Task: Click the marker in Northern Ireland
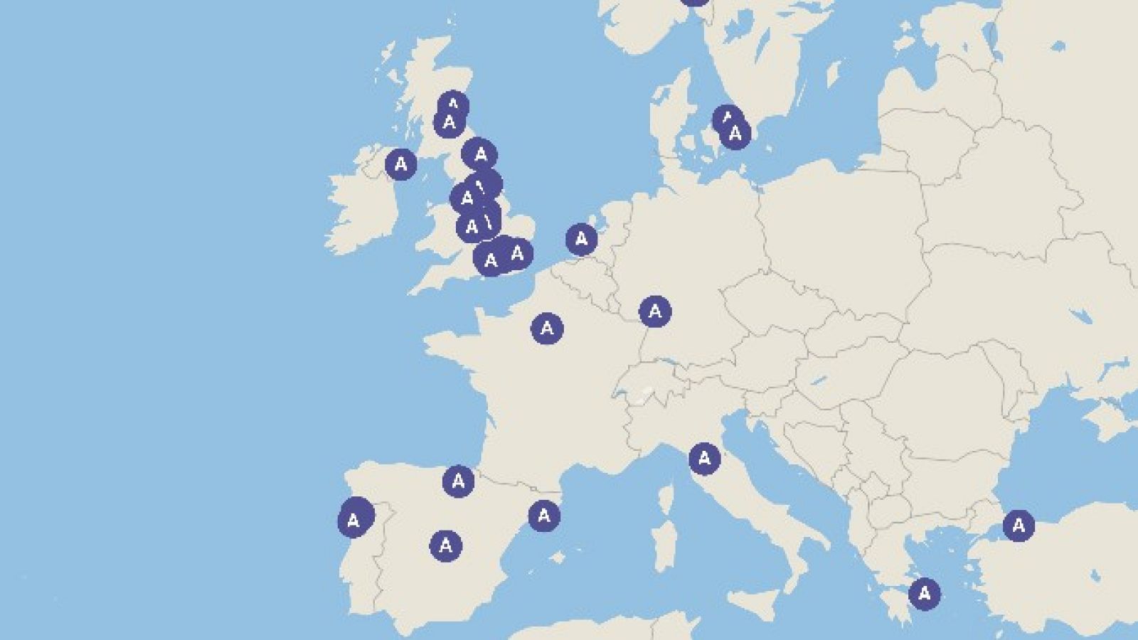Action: (400, 164)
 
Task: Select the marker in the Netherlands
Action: (581, 239)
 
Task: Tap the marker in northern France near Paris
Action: (546, 328)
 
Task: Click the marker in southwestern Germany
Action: (654, 311)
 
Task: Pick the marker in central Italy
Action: (704, 459)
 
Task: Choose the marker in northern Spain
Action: (458, 481)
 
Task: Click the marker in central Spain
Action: (446, 545)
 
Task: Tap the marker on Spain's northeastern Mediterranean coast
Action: (544, 516)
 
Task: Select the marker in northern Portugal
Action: (354, 519)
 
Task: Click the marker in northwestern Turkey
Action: (1019, 526)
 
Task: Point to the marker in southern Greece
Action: (924, 592)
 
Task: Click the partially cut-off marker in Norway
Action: (694, 1)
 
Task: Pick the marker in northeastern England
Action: (480, 154)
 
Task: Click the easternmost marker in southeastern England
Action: (518, 252)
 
